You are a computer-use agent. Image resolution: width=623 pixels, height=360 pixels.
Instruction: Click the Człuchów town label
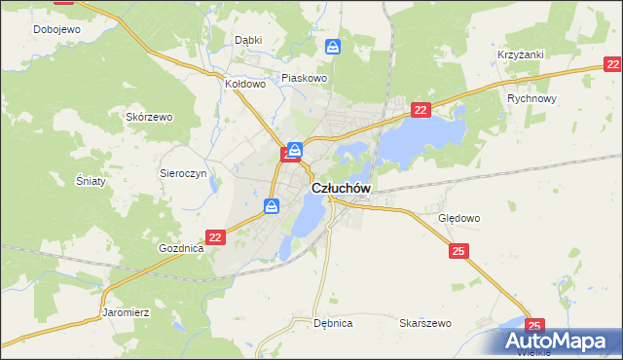coord(341,188)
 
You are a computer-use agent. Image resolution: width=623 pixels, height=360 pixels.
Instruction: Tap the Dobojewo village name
coord(56,29)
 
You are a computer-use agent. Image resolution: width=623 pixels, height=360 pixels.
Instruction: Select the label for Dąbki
coord(248,40)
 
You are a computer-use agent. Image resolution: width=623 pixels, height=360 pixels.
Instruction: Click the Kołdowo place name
coord(245,84)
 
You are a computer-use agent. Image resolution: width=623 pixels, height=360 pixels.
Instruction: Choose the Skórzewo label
coord(149,117)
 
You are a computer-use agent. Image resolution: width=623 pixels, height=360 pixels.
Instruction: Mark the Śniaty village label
coord(90,181)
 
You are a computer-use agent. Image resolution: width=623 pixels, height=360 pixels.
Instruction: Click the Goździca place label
coord(181,248)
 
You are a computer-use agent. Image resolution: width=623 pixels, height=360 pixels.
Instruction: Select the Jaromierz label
coord(125,313)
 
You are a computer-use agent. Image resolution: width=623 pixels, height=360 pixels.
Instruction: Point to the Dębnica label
coord(333,322)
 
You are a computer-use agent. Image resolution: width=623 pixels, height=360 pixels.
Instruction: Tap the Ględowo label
coord(459,219)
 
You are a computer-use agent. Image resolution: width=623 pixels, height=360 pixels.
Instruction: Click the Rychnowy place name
coord(531,99)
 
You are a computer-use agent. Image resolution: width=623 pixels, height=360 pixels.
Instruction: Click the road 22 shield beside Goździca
coord(216,236)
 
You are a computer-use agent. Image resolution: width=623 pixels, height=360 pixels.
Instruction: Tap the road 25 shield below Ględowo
coord(459,252)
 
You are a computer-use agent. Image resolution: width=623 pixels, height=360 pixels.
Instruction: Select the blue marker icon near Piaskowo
coord(333,47)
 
